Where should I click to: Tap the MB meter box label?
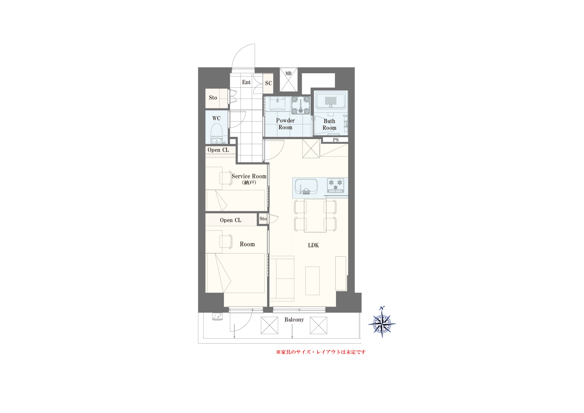288,74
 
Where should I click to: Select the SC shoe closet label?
269,83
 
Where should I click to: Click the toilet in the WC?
216,133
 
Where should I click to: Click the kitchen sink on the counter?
306,186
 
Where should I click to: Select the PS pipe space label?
336,140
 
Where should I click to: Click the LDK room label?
313,245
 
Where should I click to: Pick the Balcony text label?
294,319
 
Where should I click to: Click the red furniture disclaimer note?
321,352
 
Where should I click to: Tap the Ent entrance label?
246,82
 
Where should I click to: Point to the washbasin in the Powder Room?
277,104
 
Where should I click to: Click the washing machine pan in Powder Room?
301,105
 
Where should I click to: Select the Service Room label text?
249,176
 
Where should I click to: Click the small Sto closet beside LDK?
263,219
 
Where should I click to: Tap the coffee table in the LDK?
312,281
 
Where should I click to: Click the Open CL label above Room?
230,220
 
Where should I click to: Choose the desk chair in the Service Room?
226,178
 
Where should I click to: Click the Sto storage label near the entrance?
213,97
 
